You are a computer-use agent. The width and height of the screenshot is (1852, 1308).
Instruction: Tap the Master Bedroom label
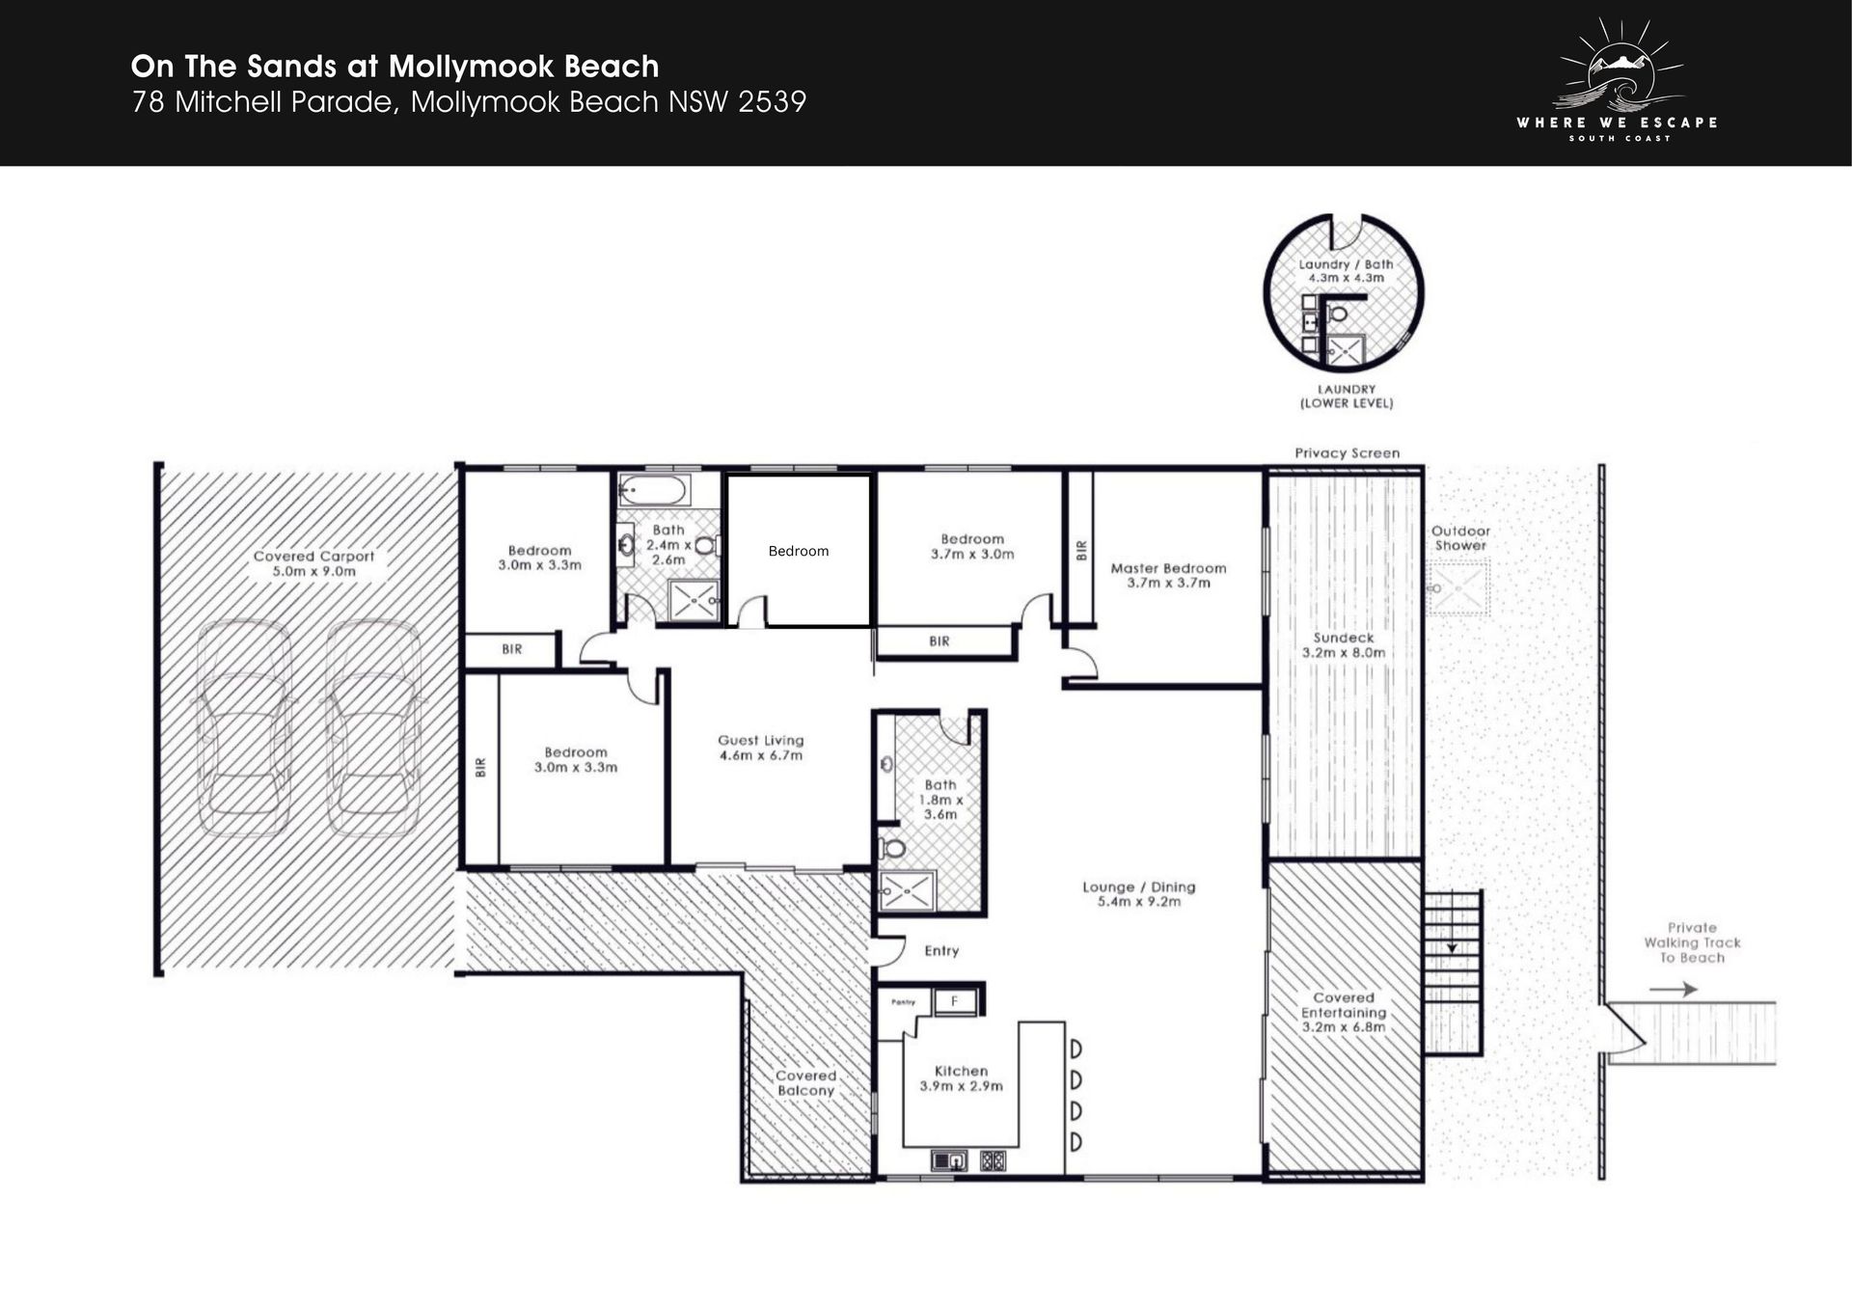click(1168, 568)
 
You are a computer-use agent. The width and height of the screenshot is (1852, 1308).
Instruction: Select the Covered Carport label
click(313, 557)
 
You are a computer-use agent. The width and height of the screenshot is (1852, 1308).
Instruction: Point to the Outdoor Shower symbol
click(1457, 586)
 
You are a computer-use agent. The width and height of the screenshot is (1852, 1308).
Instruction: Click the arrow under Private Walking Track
click(1674, 989)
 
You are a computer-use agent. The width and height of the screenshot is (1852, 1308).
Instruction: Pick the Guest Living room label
click(760, 741)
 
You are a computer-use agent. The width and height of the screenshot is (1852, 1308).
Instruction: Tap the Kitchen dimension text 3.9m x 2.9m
click(961, 1086)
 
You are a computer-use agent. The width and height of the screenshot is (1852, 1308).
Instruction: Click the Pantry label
click(903, 1002)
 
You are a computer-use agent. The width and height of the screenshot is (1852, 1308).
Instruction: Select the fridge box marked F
click(954, 1001)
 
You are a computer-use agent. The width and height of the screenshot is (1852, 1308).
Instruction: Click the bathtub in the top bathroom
click(653, 490)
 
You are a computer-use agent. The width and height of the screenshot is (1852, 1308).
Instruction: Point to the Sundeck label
click(1344, 638)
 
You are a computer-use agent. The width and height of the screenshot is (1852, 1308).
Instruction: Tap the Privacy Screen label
click(1347, 452)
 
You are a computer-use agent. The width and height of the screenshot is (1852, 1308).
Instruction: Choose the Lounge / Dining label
click(1138, 887)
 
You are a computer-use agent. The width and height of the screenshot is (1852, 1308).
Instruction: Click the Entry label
click(941, 951)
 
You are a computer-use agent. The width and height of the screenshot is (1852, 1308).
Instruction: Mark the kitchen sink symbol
click(949, 1159)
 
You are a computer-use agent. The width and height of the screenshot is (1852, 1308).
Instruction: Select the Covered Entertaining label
click(1344, 1005)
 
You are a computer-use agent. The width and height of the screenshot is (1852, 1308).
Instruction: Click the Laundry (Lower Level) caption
click(1347, 396)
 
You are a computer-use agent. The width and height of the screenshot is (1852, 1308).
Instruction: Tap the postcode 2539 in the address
click(772, 102)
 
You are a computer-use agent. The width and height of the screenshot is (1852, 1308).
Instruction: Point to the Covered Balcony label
click(805, 1083)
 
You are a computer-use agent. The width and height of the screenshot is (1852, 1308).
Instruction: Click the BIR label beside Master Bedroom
click(1081, 550)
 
